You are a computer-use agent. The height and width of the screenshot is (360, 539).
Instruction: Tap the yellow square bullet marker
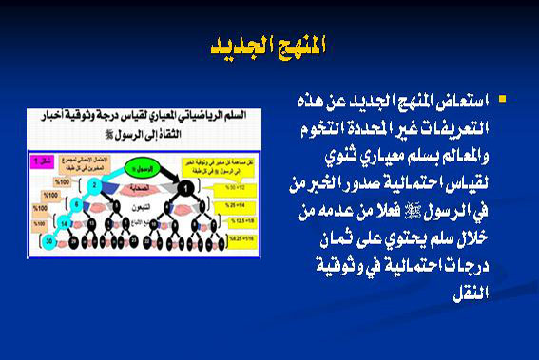click(502, 99)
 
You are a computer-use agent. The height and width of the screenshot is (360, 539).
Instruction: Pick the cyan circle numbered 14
click(63, 222)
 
